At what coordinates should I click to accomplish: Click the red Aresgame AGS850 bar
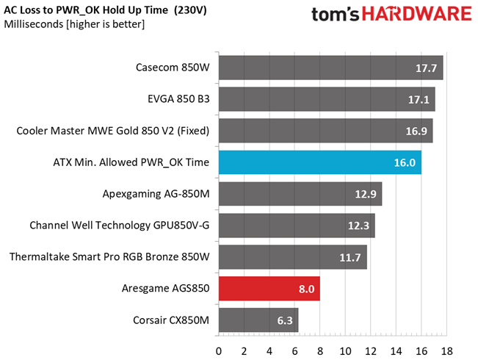(269, 288)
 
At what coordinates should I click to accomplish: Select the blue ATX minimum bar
(320, 162)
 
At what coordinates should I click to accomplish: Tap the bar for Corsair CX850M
(258, 320)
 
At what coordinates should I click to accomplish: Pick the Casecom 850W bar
(330, 68)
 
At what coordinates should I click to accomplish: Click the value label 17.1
(419, 99)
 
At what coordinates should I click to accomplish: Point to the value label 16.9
(416, 132)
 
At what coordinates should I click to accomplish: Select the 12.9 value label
(366, 194)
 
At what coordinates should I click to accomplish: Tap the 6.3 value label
(285, 320)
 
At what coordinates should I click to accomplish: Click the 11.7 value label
(350, 257)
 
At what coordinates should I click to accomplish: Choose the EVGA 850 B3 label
(178, 99)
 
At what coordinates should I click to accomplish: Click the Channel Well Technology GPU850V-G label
(120, 225)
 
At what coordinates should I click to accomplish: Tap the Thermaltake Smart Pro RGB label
(109, 256)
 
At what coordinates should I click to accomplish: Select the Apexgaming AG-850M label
(156, 194)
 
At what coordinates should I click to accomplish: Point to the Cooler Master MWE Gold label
(113, 131)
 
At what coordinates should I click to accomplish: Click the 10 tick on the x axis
(345, 351)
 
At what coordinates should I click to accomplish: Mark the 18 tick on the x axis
(446, 351)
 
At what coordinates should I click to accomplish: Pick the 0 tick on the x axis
(219, 351)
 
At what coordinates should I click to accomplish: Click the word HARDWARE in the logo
(417, 14)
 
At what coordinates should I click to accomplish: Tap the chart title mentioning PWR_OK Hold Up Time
(105, 10)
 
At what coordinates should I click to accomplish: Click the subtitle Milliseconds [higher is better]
(74, 24)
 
